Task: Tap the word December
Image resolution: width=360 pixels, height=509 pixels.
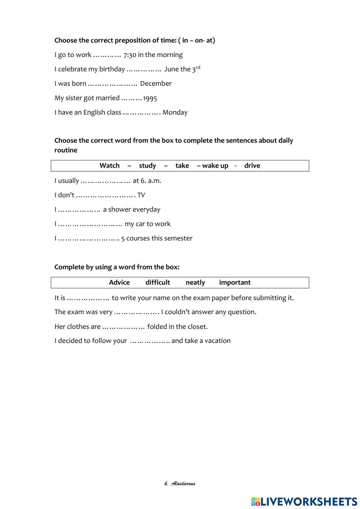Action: click(x=156, y=84)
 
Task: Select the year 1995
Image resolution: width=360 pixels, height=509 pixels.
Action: click(x=150, y=98)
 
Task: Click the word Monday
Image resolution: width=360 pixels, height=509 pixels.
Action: click(x=175, y=112)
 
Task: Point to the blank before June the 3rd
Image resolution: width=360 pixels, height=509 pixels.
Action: click(x=144, y=69)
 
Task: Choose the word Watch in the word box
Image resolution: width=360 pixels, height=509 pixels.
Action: click(x=109, y=166)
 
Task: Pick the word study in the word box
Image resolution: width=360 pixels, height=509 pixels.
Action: click(x=147, y=166)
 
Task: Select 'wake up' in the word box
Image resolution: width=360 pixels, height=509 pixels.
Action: click(x=215, y=166)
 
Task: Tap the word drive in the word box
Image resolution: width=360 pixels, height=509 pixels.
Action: click(x=252, y=166)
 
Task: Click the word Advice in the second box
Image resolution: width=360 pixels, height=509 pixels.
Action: click(x=119, y=282)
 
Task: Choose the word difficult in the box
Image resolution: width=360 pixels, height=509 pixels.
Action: click(x=158, y=282)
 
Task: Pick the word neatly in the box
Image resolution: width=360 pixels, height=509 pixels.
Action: click(x=195, y=282)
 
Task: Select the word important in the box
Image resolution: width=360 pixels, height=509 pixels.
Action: click(x=235, y=282)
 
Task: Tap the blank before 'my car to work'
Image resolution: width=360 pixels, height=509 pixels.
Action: click(x=90, y=224)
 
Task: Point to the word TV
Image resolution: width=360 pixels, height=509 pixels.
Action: click(x=141, y=195)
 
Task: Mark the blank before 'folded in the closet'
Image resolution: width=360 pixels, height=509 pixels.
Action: click(x=123, y=327)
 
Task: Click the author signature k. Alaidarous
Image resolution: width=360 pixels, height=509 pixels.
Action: click(x=180, y=483)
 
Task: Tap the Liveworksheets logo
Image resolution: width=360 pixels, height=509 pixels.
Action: click(x=304, y=501)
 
